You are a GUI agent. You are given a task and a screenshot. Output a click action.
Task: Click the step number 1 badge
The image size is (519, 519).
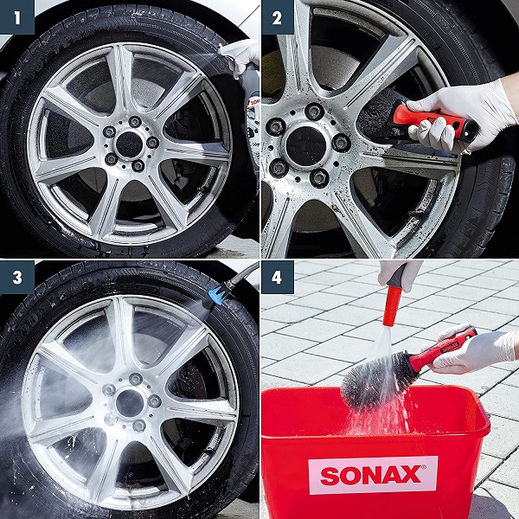(17, 17)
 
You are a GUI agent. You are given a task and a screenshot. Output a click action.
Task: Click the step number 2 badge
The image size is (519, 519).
(278, 17)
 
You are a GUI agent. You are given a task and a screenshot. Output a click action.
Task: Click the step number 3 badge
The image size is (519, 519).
(17, 278)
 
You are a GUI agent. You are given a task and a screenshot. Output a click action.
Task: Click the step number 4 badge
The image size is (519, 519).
(278, 278)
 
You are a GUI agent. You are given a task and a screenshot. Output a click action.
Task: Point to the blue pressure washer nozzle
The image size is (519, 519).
(216, 294)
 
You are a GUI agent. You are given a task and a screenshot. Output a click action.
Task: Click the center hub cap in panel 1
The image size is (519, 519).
(130, 144)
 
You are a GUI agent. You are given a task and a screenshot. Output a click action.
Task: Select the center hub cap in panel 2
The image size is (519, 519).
(306, 146)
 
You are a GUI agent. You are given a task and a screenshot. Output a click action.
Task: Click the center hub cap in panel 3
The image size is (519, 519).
(130, 403)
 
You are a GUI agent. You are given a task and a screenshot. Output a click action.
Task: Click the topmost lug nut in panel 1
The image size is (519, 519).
(135, 122)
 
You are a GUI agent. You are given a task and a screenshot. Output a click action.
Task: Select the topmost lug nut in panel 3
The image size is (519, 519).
(136, 380)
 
